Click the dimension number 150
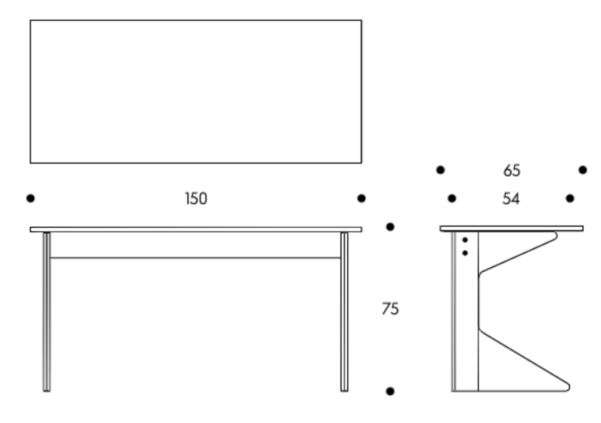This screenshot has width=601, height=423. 196,199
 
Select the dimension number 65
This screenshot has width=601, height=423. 512,170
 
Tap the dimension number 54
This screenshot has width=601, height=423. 511,199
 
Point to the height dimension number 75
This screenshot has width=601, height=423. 390,308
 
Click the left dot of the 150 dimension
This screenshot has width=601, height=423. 30,198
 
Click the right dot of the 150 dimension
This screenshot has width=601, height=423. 361,198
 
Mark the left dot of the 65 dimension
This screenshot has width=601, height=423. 441,170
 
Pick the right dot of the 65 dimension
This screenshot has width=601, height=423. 582,170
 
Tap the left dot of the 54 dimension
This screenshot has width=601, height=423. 452,198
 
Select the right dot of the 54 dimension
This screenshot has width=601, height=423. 570,198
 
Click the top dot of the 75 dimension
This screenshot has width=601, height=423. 390,227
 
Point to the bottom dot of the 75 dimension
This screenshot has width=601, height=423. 390,391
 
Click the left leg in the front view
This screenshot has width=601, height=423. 46,312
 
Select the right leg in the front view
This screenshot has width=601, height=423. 344,312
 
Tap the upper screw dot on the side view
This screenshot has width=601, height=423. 465,240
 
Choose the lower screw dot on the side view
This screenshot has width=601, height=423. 465,253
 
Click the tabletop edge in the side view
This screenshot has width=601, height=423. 512,228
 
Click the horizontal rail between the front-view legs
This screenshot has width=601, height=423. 195,258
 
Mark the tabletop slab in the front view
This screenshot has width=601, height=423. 196,229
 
